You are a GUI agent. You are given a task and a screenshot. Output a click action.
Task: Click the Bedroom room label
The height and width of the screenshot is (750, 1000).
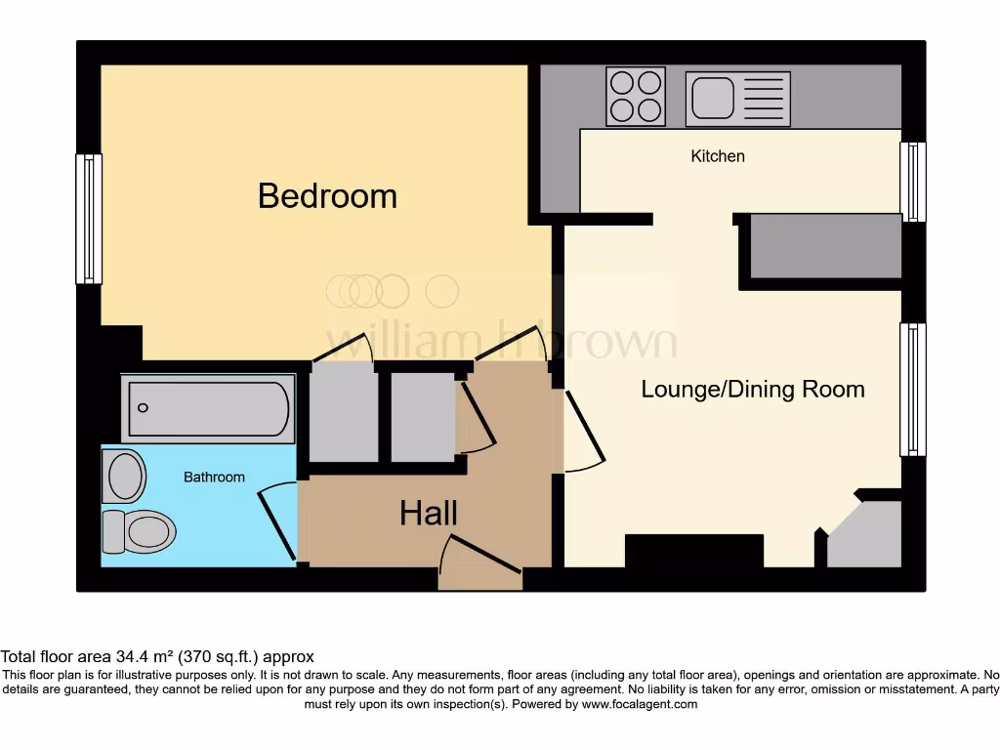[x=327, y=196]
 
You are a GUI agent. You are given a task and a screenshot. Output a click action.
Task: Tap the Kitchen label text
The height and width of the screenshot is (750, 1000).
[x=718, y=156]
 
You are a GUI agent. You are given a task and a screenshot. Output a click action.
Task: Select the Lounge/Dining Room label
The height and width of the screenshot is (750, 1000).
[x=753, y=390]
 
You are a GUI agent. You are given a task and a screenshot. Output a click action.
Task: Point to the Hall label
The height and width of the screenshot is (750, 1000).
[x=429, y=513]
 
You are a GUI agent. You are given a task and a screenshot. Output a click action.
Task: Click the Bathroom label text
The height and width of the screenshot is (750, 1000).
[x=214, y=478]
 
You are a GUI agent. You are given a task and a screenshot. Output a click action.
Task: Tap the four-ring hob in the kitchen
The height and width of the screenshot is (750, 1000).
[x=636, y=96]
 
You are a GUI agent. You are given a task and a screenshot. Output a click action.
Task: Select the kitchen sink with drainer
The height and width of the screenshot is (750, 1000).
[x=737, y=99]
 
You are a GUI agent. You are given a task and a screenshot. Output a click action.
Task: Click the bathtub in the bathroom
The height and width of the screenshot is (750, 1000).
[x=209, y=408]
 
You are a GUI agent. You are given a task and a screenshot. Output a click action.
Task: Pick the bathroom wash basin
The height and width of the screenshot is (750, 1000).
[x=124, y=477]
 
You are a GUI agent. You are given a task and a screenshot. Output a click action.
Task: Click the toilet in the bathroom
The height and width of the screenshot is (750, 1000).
[x=139, y=531]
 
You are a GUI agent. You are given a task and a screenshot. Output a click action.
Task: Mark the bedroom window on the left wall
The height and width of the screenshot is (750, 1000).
[x=89, y=219]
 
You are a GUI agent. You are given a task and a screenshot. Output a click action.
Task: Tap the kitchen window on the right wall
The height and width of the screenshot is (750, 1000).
[x=912, y=182]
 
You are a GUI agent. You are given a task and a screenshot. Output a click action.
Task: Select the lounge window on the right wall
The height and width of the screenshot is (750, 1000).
[x=912, y=390]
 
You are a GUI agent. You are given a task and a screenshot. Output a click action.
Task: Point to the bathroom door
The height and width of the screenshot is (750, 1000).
[x=276, y=524]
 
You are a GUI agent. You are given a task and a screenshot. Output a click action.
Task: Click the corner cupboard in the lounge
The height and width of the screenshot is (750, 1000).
[x=866, y=537]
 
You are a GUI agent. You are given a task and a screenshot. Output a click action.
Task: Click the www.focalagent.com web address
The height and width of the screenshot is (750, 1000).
[x=639, y=704]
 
